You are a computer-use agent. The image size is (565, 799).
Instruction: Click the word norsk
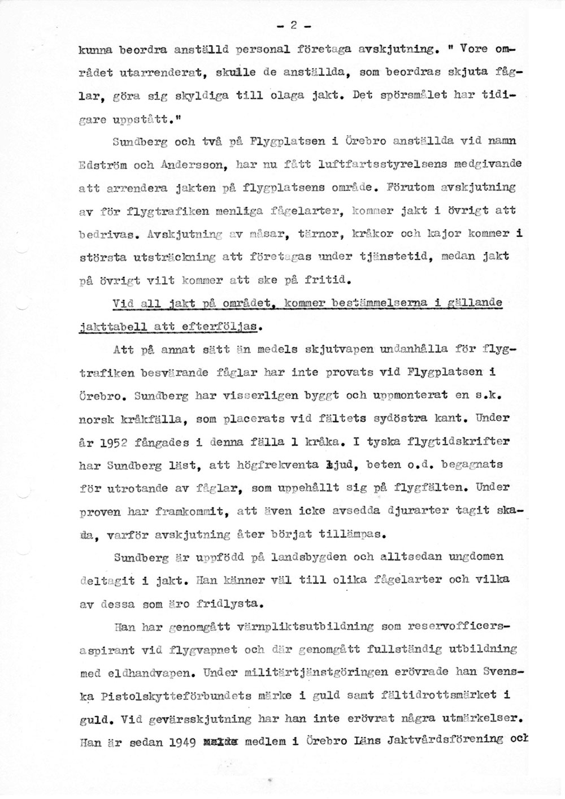98,419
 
